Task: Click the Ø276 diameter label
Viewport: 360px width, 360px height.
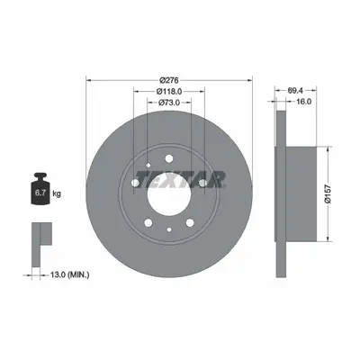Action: (x=169, y=80)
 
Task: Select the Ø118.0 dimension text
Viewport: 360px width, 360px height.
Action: (x=169, y=91)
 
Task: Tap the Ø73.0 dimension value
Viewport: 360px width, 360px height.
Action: (x=168, y=103)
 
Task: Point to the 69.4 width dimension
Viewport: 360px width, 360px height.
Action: (x=296, y=90)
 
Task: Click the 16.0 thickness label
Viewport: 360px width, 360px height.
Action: (x=303, y=102)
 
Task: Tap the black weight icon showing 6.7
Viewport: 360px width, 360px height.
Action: (x=40, y=189)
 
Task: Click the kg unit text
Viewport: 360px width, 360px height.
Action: (x=57, y=193)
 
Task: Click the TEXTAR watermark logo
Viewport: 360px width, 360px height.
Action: (x=180, y=179)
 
